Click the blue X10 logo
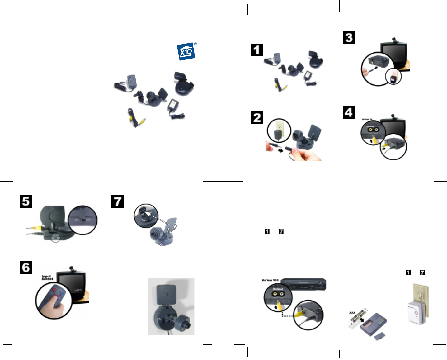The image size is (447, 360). tap(186, 52)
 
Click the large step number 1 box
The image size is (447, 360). tap(257, 50)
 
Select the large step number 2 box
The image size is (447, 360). tap(257, 118)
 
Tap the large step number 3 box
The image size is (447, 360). tap(349, 37)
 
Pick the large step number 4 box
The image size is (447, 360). tap(349, 112)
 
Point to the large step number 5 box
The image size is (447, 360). tap(26, 201)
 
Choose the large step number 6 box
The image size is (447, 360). tap(26, 268)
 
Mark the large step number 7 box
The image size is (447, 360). tap(118, 201)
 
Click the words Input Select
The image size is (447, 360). tap(47, 277)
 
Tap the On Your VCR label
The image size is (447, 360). tap(270, 280)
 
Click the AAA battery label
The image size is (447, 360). tap(352, 313)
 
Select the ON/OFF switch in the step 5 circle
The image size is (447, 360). tap(82, 220)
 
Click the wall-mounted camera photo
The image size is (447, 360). tap(171, 306)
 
